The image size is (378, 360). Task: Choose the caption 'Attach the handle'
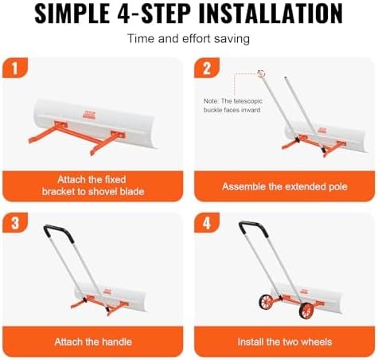click(94, 342)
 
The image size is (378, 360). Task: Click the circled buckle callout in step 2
click(260, 74)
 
